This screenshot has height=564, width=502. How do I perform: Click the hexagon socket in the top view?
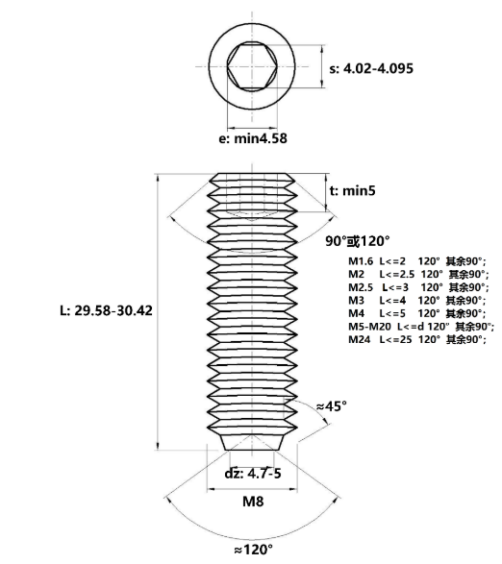(x=251, y=66)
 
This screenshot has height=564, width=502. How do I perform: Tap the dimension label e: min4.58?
(x=248, y=138)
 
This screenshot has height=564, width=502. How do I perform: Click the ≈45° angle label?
(x=330, y=405)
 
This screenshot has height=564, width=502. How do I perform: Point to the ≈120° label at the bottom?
(x=251, y=550)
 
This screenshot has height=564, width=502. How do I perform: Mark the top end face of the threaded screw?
(x=251, y=175)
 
